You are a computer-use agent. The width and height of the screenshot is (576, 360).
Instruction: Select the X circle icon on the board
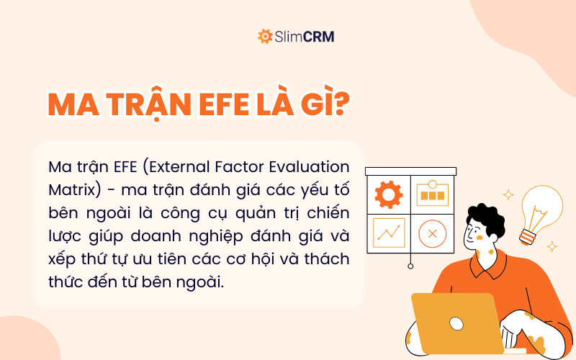(432, 233)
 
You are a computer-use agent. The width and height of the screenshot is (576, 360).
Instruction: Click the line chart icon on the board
(389, 233)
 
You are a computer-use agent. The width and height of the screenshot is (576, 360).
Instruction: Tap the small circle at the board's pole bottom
(410, 266)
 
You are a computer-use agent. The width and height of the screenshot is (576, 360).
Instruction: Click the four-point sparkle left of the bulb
(508, 194)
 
